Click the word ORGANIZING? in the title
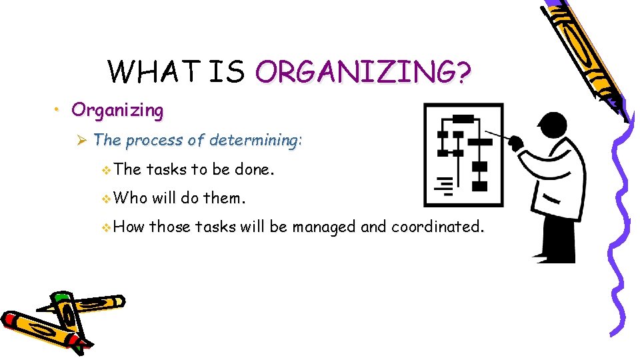tap(363, 71)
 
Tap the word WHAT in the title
tap(155, 71)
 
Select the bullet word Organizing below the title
tap(117, 110)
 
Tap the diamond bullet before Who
tap(108, 198)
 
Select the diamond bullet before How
tap(108, 227)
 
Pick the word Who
tap(131, 198)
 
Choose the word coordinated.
tap(437, 227)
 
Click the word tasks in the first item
tap(167, 169)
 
